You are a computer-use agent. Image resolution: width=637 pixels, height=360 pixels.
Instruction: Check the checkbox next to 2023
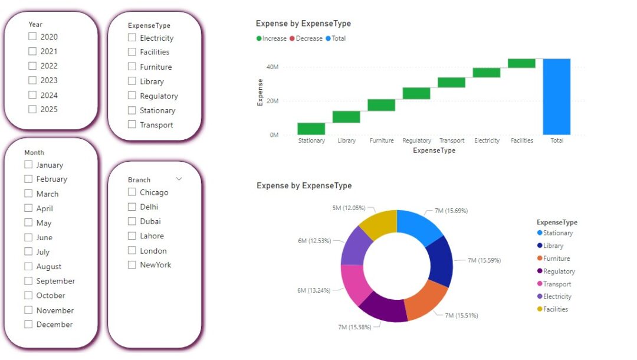[32, 80]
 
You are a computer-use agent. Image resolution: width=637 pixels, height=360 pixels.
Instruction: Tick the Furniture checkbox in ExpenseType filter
[132, 67]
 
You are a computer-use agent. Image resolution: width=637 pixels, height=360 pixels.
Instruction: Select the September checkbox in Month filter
[28, 281]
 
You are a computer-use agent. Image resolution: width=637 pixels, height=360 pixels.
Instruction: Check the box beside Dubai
[132, 221]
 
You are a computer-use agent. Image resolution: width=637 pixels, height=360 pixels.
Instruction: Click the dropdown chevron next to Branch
[179, 178]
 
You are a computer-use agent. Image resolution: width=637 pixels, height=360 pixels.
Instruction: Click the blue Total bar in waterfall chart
[557, 96]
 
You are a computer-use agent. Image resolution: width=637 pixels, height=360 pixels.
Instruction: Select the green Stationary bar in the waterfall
[311, 129]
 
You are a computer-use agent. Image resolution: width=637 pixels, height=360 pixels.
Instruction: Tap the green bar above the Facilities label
[521, 63]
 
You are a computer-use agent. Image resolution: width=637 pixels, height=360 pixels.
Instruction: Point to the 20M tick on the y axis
[272, 101]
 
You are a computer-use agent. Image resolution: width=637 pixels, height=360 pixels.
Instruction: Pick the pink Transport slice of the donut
[356, 284]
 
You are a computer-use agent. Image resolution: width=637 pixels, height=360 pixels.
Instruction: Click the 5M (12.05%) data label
[348, 208]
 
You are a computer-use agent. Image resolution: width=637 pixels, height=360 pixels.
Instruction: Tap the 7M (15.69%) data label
[451, 211]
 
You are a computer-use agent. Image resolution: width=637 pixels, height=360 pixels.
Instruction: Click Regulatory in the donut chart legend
[558, 271]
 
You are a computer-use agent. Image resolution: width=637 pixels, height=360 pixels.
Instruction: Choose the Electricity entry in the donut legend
[557, 296]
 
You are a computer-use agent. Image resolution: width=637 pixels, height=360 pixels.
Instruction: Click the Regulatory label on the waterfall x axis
[416, 140]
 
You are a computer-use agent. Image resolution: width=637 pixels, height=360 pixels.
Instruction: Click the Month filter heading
[34, 152]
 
